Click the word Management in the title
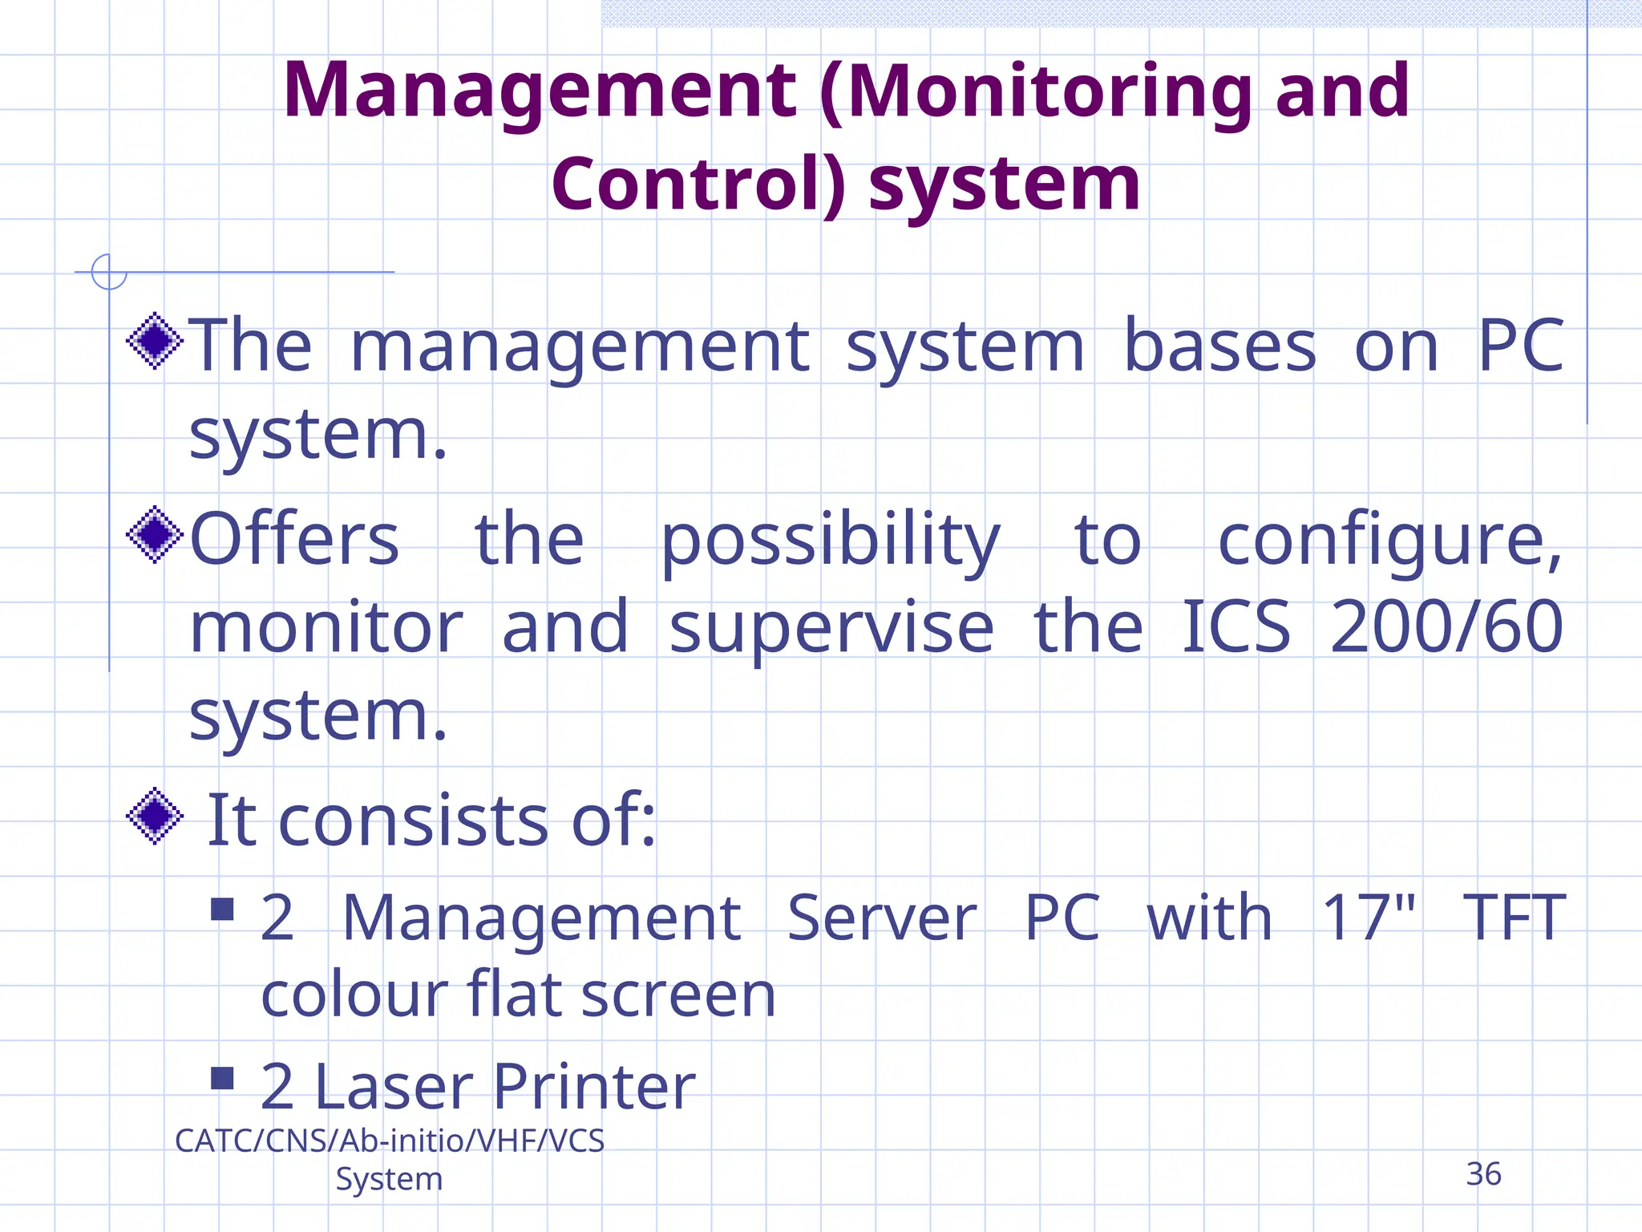click(539, 92)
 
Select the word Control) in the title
click(698, 184)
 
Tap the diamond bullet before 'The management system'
click(155, 342)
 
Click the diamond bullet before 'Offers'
click(155, 535)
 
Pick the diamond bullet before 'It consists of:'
click(155, 817)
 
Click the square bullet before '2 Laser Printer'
click(222, 1078)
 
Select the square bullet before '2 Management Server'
click(222, 909)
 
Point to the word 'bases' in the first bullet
click(1219, 346)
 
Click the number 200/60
click(1446, 627)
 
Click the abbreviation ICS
click(1236, 627)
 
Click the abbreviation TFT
click(1514, 917)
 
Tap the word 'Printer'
click(593, 1087)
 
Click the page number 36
click(1483, 1174)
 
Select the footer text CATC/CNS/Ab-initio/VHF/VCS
click(390, 1141)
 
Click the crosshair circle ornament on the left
click(109, 272)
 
